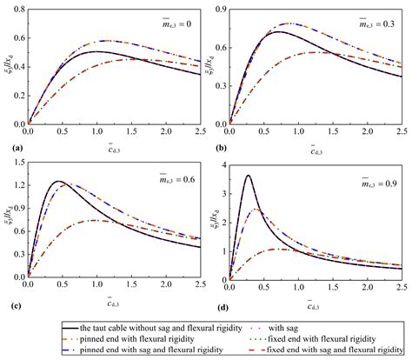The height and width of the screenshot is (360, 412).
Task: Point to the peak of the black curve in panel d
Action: click(248, 176)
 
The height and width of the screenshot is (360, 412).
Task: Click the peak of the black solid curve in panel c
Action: click(58, 181)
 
